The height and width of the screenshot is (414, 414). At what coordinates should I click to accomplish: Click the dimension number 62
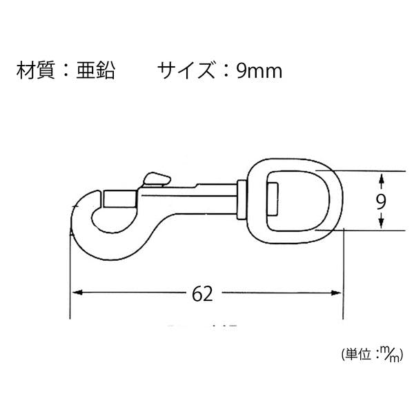(x=202, y=294)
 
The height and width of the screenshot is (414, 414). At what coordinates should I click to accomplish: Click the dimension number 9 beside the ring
(x=381, y=201)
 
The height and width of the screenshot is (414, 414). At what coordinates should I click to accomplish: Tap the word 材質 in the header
(x=35, y=70)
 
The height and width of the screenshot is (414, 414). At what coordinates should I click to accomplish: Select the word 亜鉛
(x=96, y=70)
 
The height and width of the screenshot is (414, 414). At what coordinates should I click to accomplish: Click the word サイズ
(x=186, y=70)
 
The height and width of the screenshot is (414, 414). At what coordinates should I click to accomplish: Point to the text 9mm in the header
(x=259, y=71)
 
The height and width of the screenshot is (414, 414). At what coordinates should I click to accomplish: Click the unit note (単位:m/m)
(x=372, y=355)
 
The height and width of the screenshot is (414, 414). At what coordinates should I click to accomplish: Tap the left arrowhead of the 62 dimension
(x=77, y=293)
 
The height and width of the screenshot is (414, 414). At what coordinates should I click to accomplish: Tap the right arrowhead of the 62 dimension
(x=336, y=293)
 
